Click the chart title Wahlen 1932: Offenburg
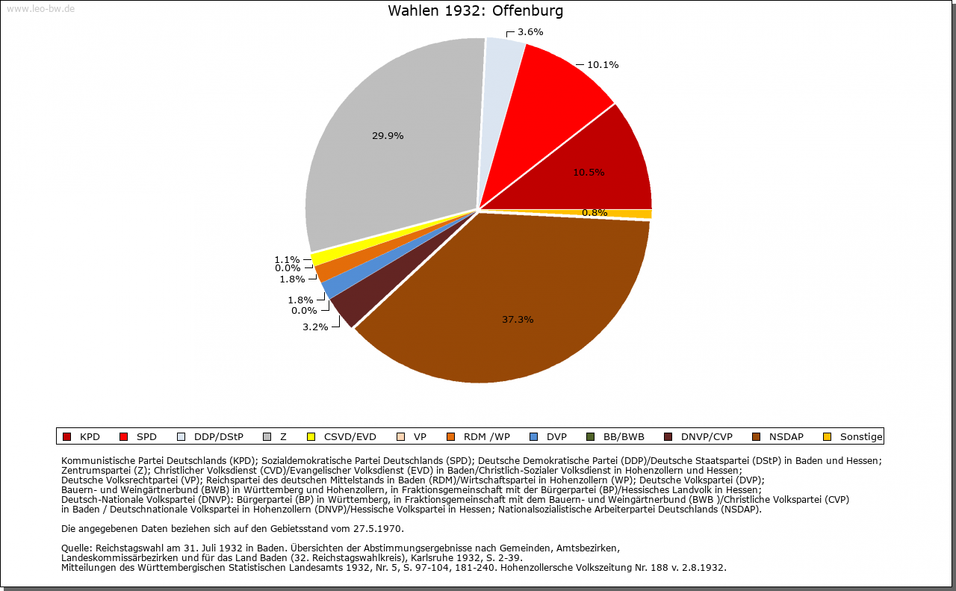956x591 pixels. tap(476, 11)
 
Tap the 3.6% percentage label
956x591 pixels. tap(530, 32)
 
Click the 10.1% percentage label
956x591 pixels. tap(602, 65)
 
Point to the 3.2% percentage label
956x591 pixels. tap(315, 327)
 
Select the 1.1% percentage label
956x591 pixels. tap(287, 260)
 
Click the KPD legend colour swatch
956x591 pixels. tap(66, 437)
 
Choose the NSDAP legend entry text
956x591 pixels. tap(785, 437)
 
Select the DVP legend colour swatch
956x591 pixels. tap(533, 437)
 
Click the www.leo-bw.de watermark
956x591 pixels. tap(40, 9)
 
